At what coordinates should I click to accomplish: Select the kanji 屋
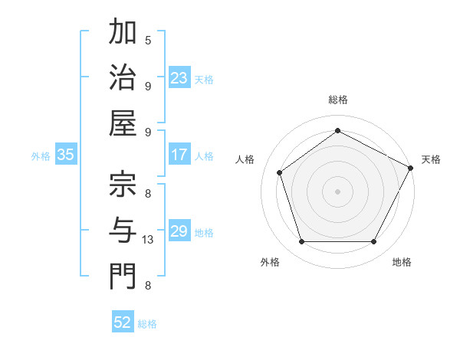[123, 123]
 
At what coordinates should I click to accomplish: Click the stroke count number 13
[148, 240]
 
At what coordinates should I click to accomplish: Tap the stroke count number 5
[148, 40]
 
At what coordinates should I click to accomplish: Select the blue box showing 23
[179, 78]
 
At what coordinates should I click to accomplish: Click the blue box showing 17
[179, 155]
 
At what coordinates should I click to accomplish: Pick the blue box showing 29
[179, 231]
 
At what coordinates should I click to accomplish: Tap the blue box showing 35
[65, 155]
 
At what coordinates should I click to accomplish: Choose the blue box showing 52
[122, 322]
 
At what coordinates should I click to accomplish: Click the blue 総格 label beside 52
[147, 324]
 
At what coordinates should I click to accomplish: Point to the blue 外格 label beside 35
[41, 156]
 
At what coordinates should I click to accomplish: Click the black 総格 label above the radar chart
[337, 100]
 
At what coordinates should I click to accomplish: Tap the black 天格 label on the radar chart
[431, 159]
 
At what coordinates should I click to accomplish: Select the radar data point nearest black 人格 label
[280, 172]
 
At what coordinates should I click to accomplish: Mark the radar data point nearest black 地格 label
[373, 241]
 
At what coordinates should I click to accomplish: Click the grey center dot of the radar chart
[337, 191]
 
